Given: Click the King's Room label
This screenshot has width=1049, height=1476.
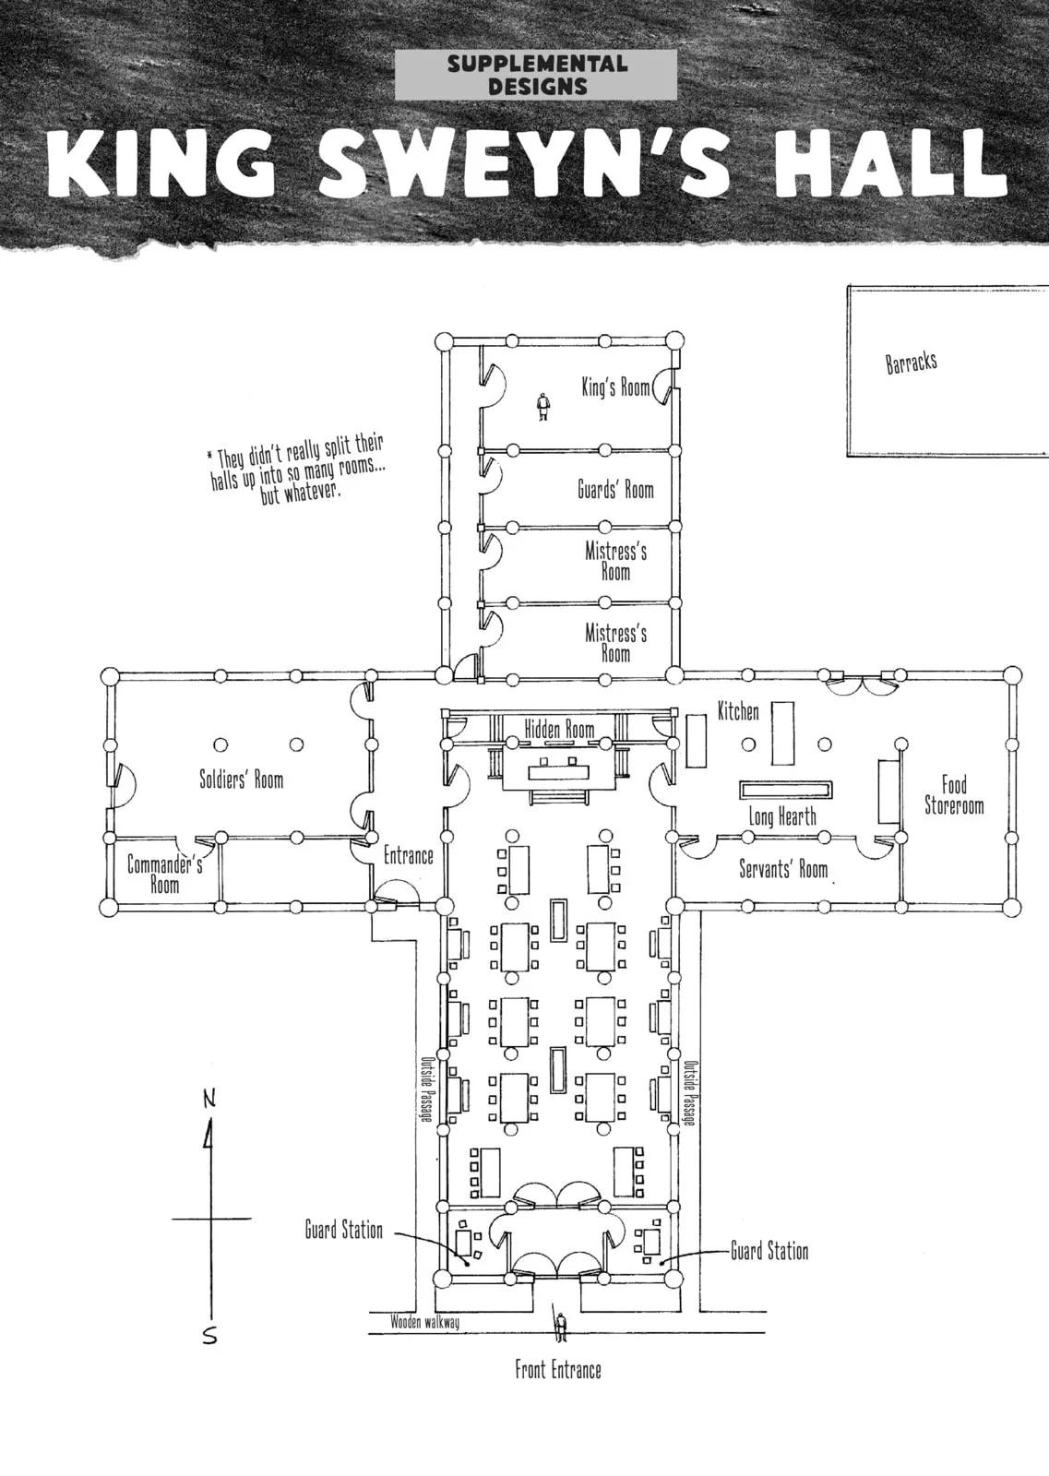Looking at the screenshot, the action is coord(614,387).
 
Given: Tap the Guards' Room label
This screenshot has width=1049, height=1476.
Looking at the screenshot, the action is coord(615,490).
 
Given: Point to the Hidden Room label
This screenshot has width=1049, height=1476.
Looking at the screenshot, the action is coord(559,730).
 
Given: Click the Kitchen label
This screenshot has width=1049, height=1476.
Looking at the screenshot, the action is coord(738,711).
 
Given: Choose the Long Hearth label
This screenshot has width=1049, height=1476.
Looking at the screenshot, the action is coord(782,817).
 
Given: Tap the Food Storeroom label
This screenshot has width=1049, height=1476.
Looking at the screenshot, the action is coord(953,795).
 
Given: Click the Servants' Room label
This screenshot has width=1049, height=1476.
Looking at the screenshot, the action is coord(782,869).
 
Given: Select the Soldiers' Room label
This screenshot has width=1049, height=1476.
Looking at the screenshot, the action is coord(241,780).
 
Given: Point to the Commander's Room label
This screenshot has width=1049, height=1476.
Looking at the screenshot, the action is coord(165,874).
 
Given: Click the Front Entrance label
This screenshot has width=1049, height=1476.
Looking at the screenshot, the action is coord(558,1370).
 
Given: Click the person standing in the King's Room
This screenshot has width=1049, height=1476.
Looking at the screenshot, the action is coord(542,407).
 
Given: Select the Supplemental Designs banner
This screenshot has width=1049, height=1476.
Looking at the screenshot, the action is coord(536,75).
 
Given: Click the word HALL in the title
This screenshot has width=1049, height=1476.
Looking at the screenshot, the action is coord(890,162).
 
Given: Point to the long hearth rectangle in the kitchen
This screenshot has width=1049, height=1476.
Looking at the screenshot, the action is coord(785,790).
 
